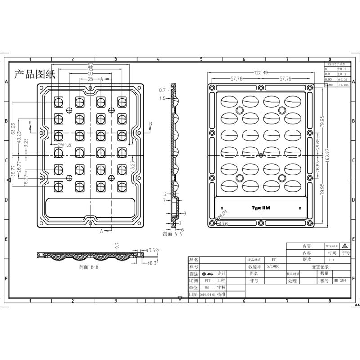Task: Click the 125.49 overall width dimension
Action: pyautogui.click(x=261, y=73)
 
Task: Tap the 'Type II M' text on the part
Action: pyautogui.click(x=261, y=208)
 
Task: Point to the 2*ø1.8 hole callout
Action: pyautogui.click(x=63, y=145)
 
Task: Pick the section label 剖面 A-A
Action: pyautogui.click(x=172, y=234)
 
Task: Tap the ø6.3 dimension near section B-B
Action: pyautogui.click(x=151, y=263)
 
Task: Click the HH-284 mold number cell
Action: pyautogui.click(x=339, y=280)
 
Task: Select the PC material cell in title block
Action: pyautogui.click(x=274, y=260)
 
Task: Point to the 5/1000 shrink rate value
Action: pyautogui.click(x=273, y=266)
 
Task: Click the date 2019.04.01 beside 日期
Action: pyautogui.click(x=207, y=294)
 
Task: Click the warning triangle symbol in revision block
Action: pyautogui.click(x=345, y=246)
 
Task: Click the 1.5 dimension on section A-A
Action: pyautogui.click(x=162, y=98)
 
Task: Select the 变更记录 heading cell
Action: pyautogui.click(x=320, y=267)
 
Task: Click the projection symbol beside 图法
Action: pyautogui.click(x=208, y=274)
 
